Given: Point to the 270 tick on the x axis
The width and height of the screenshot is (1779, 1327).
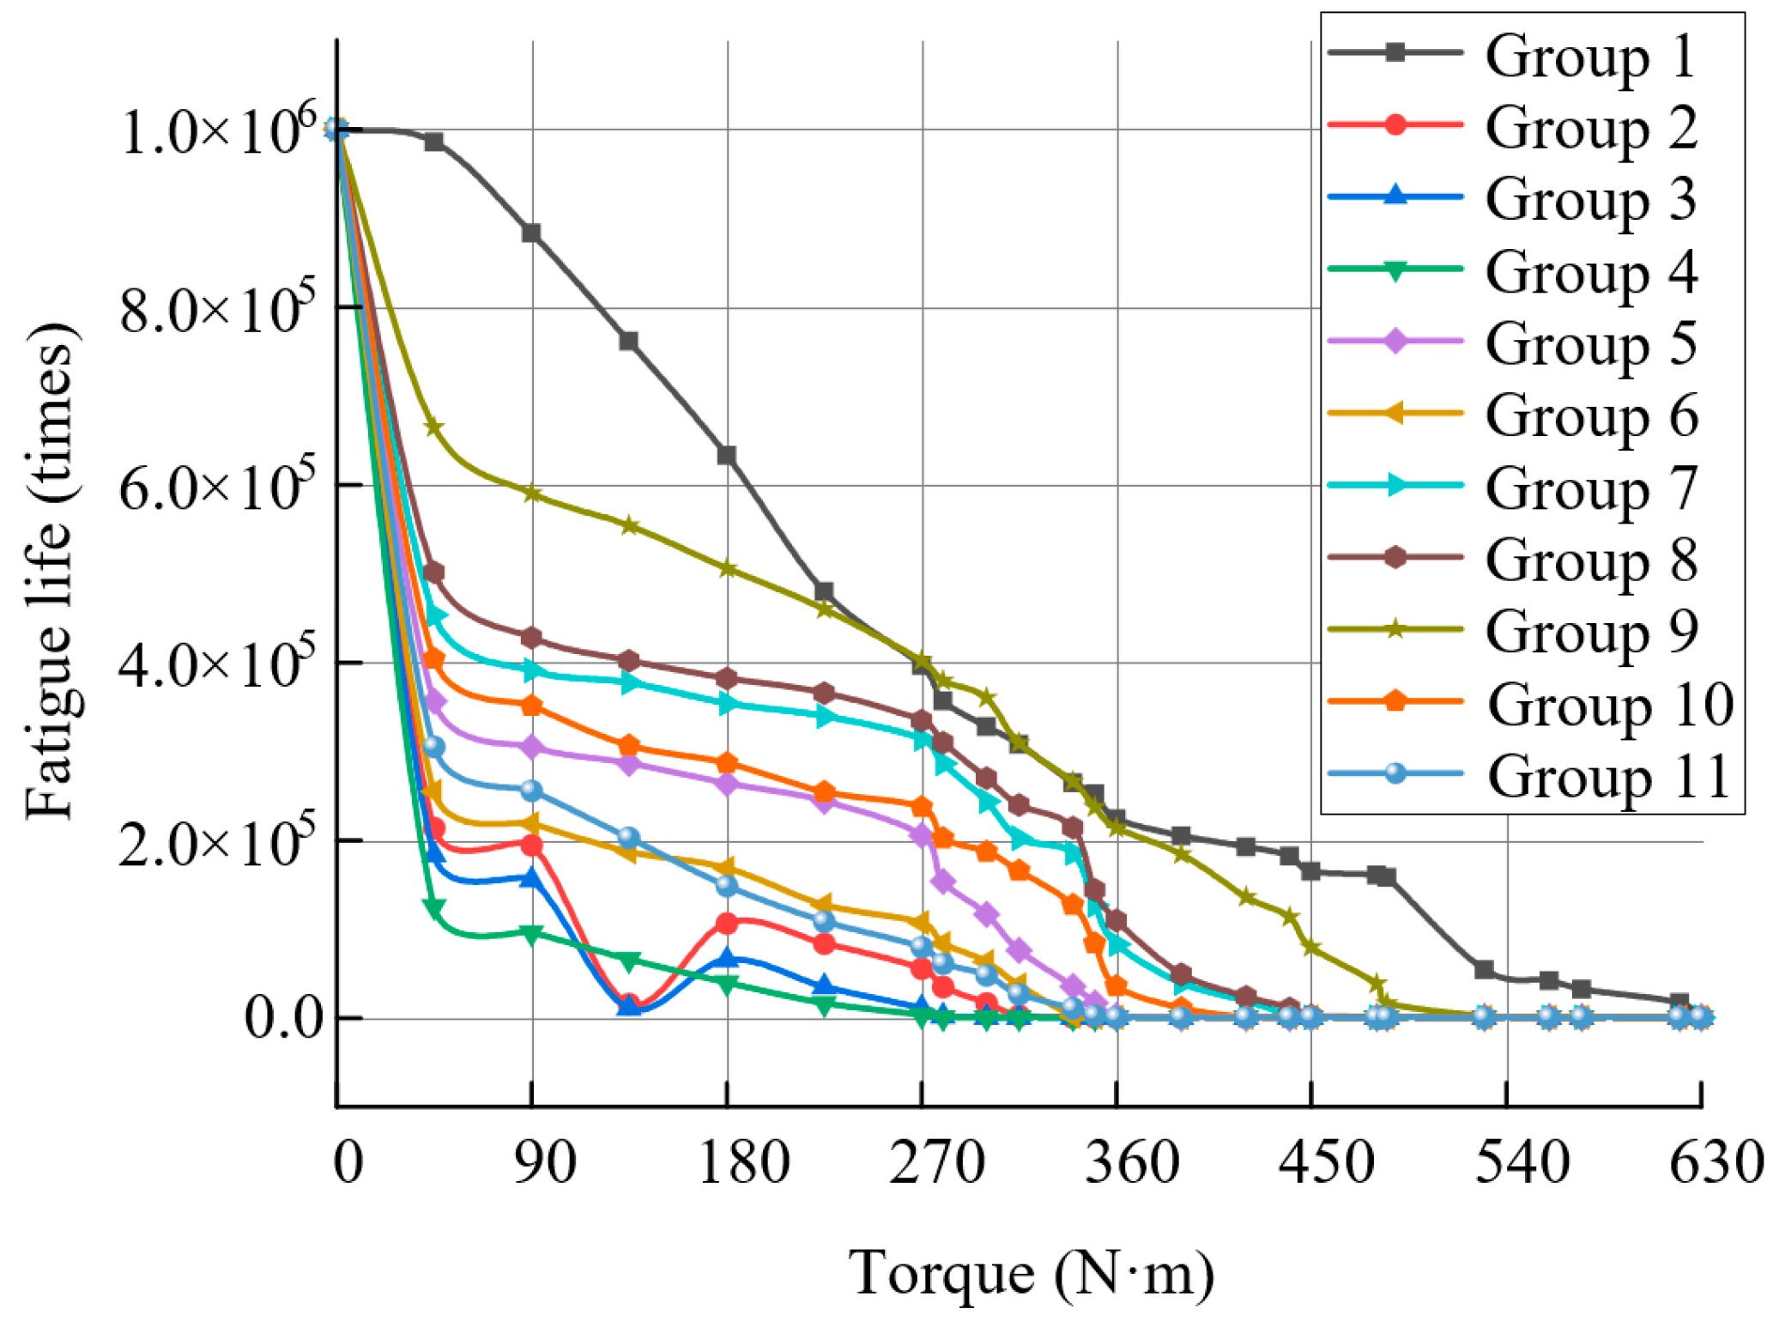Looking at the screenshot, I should point(936,1163).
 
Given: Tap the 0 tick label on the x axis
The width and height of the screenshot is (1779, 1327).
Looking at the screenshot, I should point(348,1163).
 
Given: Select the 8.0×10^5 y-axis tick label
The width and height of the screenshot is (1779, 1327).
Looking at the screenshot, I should point(218,309).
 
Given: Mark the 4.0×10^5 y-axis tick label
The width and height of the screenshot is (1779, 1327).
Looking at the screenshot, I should point(218,663).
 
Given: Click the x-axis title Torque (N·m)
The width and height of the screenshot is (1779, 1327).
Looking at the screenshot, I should point(1032,1275).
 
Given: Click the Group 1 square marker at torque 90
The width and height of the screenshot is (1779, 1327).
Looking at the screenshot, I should point(531,233).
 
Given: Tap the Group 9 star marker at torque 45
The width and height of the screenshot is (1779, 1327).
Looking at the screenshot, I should point(434,427).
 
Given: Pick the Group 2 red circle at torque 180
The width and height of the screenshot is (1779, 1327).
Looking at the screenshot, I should point(727,924).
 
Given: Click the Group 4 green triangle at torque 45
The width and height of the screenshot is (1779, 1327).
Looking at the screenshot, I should point(434,907).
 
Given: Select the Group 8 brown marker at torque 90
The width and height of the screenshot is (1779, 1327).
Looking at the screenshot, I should point(531,638).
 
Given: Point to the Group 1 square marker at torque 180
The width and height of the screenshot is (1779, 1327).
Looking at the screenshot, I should point(727,456).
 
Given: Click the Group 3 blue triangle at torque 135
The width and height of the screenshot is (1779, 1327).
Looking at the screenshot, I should point(629,1005).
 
